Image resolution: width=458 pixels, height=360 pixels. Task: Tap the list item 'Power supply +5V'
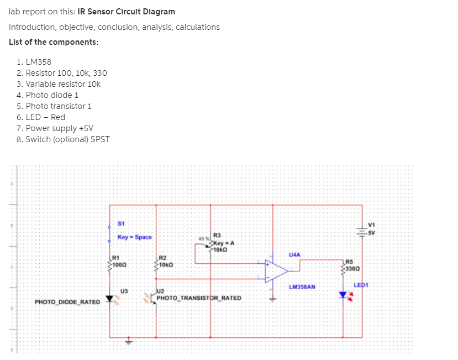(55, 128)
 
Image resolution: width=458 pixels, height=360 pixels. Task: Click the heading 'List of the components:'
(54, 42)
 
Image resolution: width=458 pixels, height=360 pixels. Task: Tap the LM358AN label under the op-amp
(302, 287)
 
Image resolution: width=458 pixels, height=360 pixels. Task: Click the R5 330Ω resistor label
(352, 265)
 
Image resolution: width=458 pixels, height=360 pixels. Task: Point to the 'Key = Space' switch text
(134, 237)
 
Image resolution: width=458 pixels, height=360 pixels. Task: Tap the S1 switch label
(122, 223)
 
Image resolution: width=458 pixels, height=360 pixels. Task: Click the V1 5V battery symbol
(362, 233)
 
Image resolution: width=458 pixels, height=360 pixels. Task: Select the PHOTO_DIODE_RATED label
(67, 302)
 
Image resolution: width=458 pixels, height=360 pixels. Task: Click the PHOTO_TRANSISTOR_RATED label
(199, 298)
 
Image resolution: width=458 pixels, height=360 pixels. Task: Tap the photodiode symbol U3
(110, 299)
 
